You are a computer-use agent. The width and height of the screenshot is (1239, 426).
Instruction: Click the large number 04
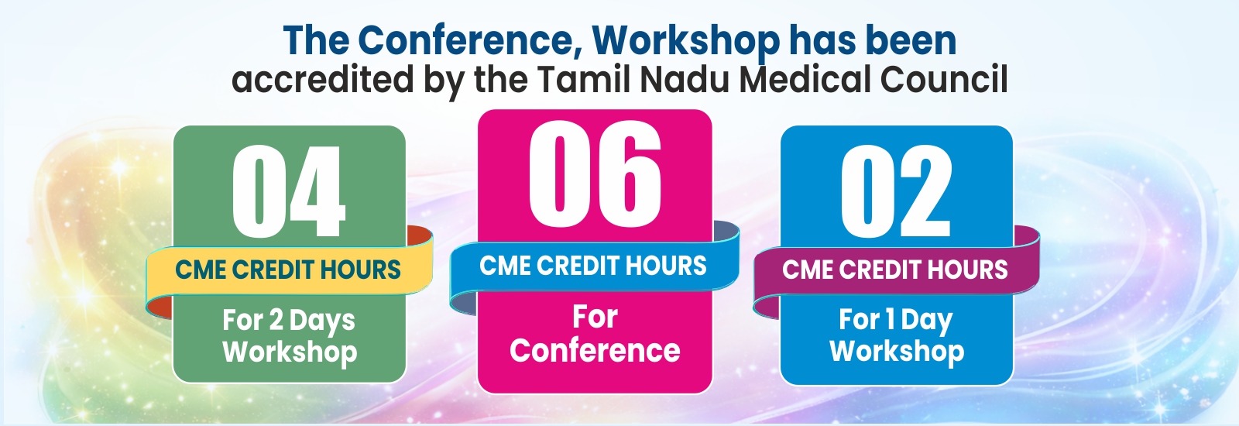(x=289, y=191)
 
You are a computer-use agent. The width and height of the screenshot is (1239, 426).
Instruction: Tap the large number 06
(x=595, y=173)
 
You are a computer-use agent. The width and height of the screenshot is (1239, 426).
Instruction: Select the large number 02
(x=896, y=191)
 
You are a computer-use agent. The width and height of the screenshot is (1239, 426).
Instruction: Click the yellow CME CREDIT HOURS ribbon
(x=289, y=271)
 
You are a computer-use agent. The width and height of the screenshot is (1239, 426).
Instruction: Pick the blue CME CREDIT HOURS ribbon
(x=593, y=266)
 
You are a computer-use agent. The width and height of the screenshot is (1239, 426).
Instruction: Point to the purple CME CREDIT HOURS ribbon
(x=896, y=271)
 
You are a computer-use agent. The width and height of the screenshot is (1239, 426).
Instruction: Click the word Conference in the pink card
(x=595, y=351)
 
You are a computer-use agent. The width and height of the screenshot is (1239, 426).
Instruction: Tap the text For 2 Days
(x=289, y=321)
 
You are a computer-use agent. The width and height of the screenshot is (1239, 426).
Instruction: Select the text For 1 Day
(x=896, y=321)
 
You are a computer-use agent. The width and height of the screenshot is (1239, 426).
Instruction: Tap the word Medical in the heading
(x=805, y=79)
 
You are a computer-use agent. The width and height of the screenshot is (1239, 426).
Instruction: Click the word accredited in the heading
(x=322, y=79)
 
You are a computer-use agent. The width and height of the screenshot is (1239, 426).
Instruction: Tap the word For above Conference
(x=595, y=317)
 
